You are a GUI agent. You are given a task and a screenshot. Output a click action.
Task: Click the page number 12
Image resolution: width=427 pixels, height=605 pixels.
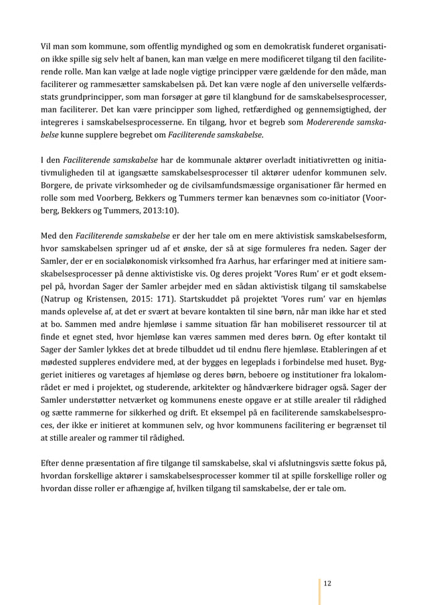[327, 583]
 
